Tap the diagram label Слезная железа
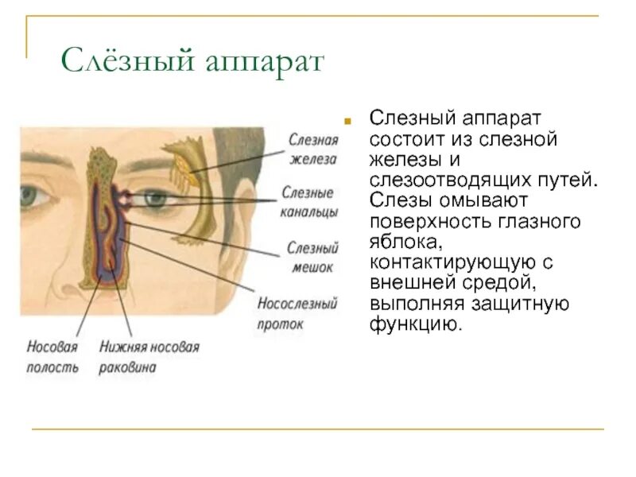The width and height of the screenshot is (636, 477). pos(313,149)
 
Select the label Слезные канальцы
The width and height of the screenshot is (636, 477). pos(308,202)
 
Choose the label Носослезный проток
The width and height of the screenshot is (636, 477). pos(297,313)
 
